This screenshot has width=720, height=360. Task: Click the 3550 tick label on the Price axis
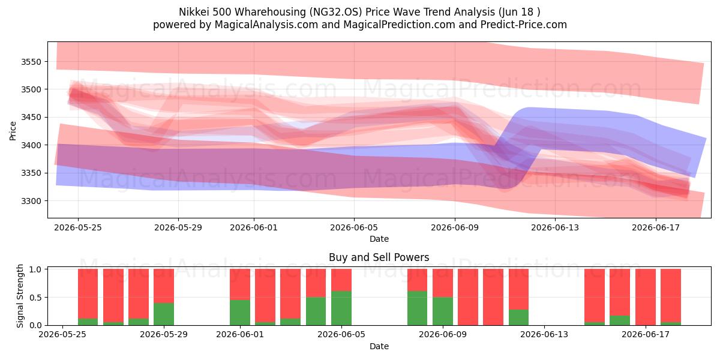[x=31, y=62]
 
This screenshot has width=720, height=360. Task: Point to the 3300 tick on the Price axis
[x=31, y=201]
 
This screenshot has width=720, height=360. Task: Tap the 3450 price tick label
[x=31, y=118]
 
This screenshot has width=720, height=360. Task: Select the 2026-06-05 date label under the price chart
[x=354, y=227]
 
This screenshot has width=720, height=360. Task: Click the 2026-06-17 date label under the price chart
[x=656, y=227]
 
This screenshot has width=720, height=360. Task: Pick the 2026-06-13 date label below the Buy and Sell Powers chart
[x=544, y=334]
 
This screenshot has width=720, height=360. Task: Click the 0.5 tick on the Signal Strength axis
[x=35, y=298]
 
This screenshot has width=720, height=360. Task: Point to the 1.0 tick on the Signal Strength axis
[x=35, y=269]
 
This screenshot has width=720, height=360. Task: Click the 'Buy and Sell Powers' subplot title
[x=379, y=257]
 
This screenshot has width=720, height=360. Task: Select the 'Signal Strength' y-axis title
[x=20, y=296]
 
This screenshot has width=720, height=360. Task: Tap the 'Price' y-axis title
[x=13, y=131]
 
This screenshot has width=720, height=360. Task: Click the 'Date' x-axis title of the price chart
[x=379, y=239]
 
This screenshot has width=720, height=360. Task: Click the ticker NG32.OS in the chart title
[x=335, y=12]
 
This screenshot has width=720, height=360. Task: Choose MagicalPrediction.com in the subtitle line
[x=399, y=25]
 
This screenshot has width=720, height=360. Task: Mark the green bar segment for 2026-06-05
[x=341, y=308]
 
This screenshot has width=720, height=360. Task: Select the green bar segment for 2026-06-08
[x=417, y=308]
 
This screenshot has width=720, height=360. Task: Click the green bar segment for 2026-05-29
[x=164, y=314]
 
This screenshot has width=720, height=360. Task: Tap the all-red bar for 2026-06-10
[x=468, y=297]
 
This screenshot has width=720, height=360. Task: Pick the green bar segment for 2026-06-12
[x=518, y=317]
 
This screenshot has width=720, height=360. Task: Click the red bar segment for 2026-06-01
[x=240, y=284]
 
